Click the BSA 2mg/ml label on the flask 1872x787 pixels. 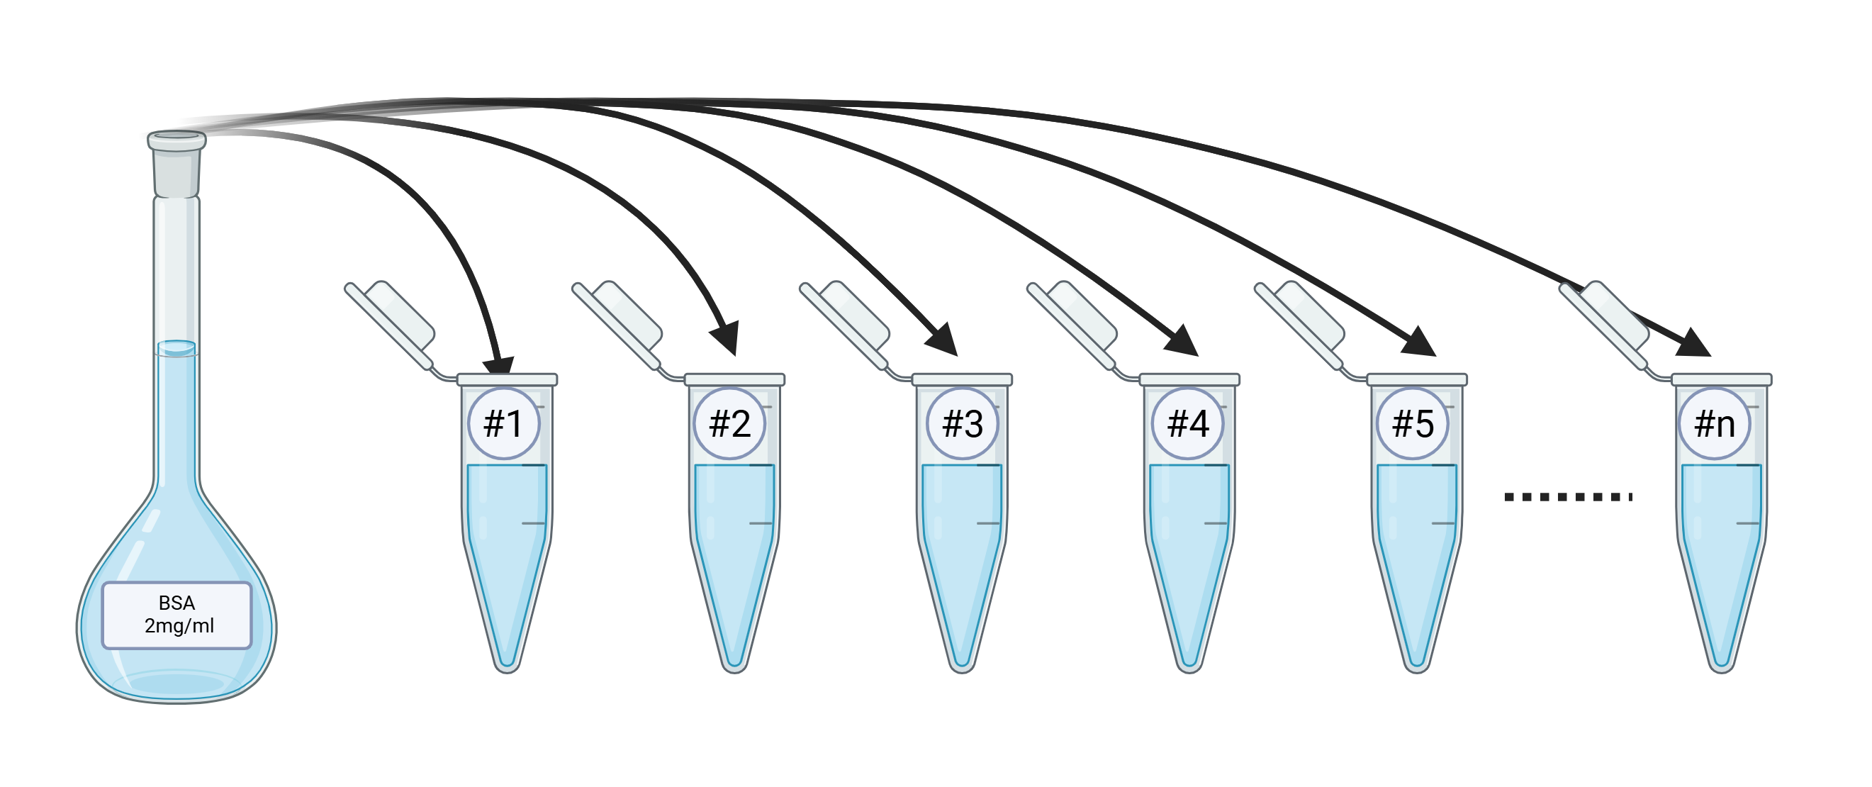[176, 615]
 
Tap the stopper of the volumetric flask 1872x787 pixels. [176, 163]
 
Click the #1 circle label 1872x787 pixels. [503, 424]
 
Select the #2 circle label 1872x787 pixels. [729, 424]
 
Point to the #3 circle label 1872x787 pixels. [963, 424]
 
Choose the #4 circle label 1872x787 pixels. [1188, 424]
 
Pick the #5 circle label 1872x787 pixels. [1413, 424]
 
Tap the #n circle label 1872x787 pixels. [1715, 424]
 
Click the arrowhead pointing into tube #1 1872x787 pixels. [500, 367]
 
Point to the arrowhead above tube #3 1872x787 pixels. [943, 340]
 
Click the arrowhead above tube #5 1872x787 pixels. [1419, 342]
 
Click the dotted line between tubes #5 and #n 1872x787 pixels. [1568, 497]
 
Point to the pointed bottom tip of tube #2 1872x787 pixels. [734, 670]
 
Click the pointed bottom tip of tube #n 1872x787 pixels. [1722, 670]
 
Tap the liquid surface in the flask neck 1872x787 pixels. [176, 348]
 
